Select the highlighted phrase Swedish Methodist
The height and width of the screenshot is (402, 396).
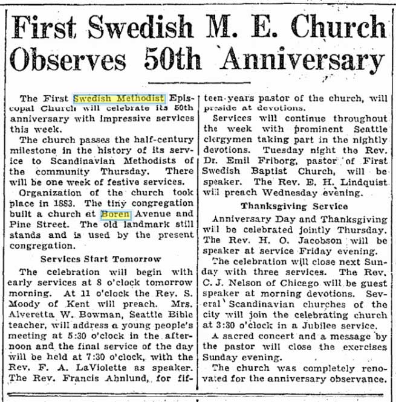pos(119,97)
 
